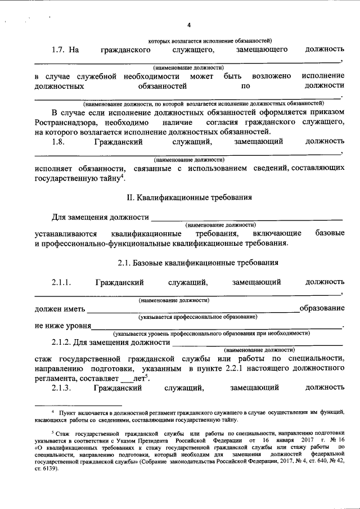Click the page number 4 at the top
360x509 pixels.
pyautogui.click(x=188, y=25)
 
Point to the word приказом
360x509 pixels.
pyautogui.click(x=326, y=112)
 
